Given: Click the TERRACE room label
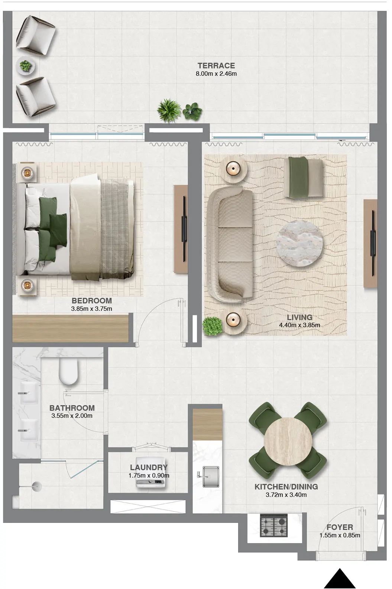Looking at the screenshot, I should tap(216, 66).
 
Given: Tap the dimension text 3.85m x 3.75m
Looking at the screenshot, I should tap(91, 309).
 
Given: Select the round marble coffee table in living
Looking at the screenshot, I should tap(299, 243).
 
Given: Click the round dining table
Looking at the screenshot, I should tap(288, 441).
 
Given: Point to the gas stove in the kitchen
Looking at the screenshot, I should tap(274, 526).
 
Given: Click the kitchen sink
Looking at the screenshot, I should tap(210, 477).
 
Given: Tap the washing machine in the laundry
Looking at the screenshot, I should tap(150, 483).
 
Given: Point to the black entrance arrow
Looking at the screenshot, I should tap(340, 579).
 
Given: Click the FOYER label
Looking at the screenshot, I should tap(340, 527).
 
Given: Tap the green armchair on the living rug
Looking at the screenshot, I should tap(304, 178).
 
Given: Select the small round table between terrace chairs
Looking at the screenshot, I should tap(26, 67).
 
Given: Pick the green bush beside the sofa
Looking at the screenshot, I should tap(213, 326).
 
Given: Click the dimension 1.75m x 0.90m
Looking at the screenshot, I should tap(149, 475).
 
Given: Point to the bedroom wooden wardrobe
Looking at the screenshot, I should tap(70, 328).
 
